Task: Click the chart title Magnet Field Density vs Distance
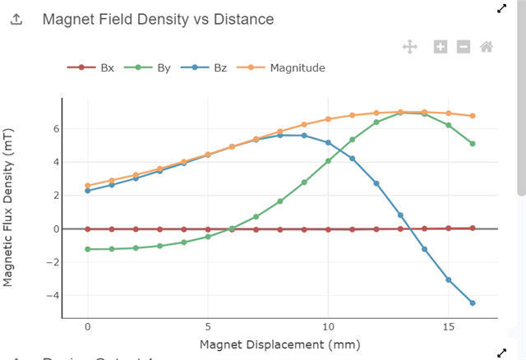(x=158, y=19)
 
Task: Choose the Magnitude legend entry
(x=284, y=67)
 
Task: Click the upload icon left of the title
(x=16, y=20)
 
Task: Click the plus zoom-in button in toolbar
(x=441, y=47)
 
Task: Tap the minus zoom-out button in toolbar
(x=463, y=47)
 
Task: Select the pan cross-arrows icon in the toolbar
(x=409, y=47)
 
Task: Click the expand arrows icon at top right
(x=502, y=8)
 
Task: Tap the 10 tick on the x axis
(x=328, y=326)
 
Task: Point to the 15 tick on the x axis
(x=448, y=326)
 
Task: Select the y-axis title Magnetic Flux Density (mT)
(x=9, y=208)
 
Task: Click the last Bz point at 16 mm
(x=473, y=303)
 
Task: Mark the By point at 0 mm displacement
(x=88, y=249)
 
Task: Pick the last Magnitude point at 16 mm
(x=473, y=116)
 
